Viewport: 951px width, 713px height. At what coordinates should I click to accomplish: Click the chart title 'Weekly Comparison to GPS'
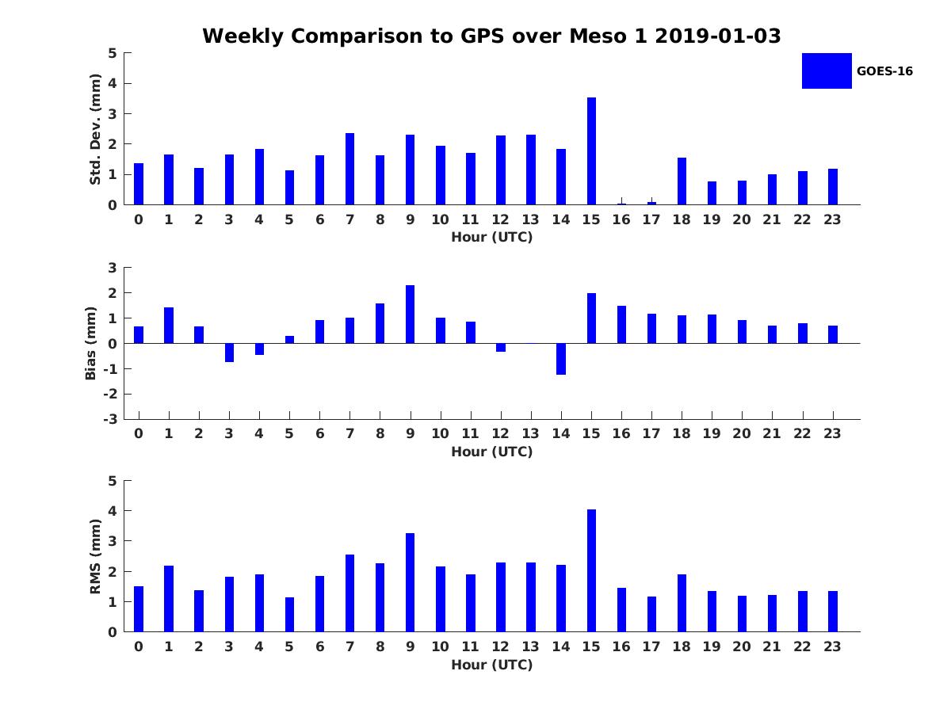click(353, 36)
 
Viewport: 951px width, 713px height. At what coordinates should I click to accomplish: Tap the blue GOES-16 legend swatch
click(827, 71)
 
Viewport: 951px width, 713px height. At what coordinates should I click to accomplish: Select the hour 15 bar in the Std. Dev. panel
click(591, 151)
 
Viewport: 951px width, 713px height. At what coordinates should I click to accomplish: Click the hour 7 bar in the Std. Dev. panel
click(349, 169)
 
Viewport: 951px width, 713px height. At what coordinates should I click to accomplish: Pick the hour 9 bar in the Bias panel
click(410, 315)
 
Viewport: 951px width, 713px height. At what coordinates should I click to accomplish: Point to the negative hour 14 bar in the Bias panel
click(561, 359)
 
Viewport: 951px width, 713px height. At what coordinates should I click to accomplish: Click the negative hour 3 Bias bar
click(229, 353)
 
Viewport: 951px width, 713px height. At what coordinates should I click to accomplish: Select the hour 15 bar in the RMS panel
click(591, 570)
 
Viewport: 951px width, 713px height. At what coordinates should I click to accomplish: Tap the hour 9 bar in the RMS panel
click(410, 582)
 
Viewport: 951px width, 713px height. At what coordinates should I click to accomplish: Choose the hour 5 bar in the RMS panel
click(289, 614)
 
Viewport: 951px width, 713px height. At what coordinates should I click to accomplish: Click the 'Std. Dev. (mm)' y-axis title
click(95, 129)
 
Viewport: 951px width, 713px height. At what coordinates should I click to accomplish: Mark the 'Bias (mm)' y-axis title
click(90, 343)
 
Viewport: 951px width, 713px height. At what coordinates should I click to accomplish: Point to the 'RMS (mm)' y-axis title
click(95, 556)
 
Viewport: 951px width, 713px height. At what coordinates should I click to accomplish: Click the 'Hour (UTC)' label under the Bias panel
click(492, 452)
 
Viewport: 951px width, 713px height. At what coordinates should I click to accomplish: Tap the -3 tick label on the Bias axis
click(110, 419)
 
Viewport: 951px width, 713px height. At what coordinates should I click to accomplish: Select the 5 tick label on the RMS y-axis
click(113, 481)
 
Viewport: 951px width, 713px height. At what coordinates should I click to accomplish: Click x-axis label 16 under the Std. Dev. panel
click(621, 219)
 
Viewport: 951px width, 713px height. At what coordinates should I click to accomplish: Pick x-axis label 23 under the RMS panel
click(832, 646)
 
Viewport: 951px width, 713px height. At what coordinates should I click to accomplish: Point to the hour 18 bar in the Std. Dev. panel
click(682, 181)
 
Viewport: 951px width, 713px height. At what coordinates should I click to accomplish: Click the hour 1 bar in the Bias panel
click(169, 325)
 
